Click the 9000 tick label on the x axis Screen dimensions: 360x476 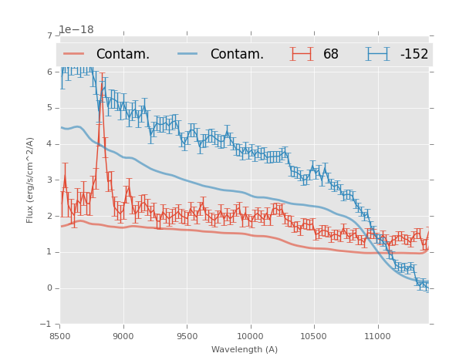point(123,336)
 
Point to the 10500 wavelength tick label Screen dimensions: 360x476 point(314,336)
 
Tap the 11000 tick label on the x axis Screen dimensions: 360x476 point(377,336)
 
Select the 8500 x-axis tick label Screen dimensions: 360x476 point(60,336)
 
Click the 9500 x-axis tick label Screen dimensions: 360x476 point(187,336)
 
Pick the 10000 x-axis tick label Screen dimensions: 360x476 point(250,336)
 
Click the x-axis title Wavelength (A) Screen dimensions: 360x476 point(245,349)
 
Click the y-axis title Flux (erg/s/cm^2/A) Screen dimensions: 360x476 point(30,180)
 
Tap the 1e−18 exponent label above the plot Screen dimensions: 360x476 point(76,30)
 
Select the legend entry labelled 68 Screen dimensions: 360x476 point(331,55)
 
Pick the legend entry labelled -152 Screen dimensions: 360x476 point(414,55)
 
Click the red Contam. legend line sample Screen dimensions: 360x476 point(74,54)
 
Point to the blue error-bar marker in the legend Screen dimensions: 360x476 point(377,54)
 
